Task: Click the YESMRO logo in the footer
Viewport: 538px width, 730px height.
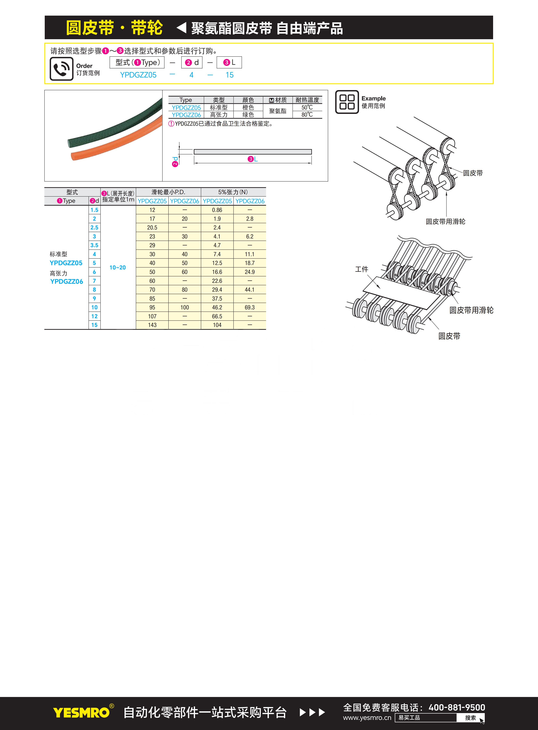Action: pos(81,712)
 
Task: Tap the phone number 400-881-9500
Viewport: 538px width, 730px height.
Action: pos(457,707)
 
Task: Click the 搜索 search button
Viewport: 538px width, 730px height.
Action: pos(470,718)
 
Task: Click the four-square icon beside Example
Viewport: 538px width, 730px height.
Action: pos(347,102)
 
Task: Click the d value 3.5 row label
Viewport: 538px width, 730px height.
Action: pos(95,245)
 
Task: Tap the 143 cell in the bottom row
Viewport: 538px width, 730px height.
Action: pos(152,325)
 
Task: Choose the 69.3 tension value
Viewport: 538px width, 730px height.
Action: pos(250,307)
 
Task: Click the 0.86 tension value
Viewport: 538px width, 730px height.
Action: pos(217,210)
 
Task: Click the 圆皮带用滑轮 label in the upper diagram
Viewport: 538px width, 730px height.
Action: pos(445,221)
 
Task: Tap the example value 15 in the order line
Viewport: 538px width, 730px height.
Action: pos(230,75)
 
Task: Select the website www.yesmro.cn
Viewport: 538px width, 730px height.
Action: pos(367,718)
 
